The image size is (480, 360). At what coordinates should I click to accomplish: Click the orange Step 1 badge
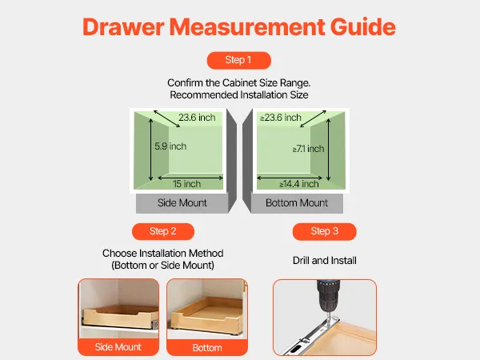point(238,60)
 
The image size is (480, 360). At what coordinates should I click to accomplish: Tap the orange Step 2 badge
point(163,231)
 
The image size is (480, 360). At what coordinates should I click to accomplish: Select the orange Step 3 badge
point(325,231)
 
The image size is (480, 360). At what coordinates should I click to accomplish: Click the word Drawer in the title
point(123,27)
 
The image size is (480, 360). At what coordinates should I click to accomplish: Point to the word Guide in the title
point(362,27)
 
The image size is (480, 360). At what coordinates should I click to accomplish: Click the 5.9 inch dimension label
point(170,146)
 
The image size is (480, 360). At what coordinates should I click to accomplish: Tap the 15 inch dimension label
point(186,184)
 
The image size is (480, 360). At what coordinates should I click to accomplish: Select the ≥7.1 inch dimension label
point(308,149)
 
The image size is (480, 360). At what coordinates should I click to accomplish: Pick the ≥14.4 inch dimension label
point(299,184)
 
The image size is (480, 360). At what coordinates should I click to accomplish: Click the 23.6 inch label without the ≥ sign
point(197,118)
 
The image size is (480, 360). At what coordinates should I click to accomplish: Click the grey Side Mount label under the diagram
point(182,203)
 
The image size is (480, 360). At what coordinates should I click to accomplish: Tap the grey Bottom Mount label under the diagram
point(297,203)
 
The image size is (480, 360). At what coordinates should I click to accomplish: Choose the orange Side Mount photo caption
point(118,347)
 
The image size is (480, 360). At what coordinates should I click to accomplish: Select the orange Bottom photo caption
point(207,348)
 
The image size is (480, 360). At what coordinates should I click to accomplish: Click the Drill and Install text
point(325,261)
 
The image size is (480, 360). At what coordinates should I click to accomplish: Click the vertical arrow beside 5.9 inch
point(150,150)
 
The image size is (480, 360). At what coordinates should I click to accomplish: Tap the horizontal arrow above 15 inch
point(190,178)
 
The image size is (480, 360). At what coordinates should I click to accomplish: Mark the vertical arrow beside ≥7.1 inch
point(329,150)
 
